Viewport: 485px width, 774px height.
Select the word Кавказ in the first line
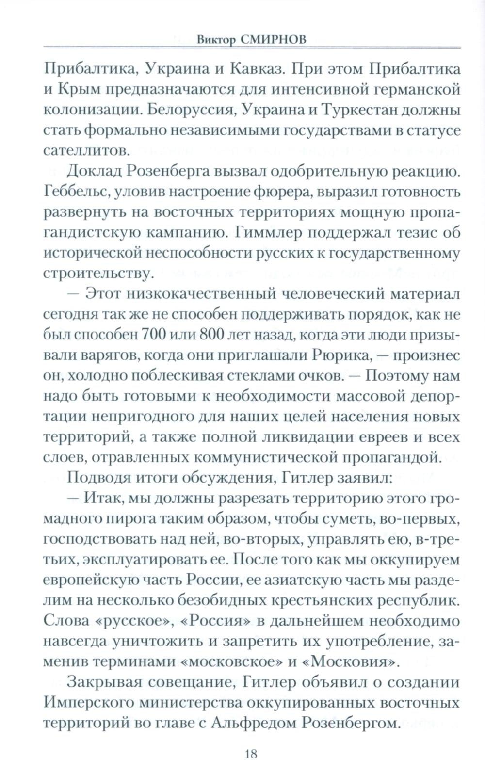click(249, 68)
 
